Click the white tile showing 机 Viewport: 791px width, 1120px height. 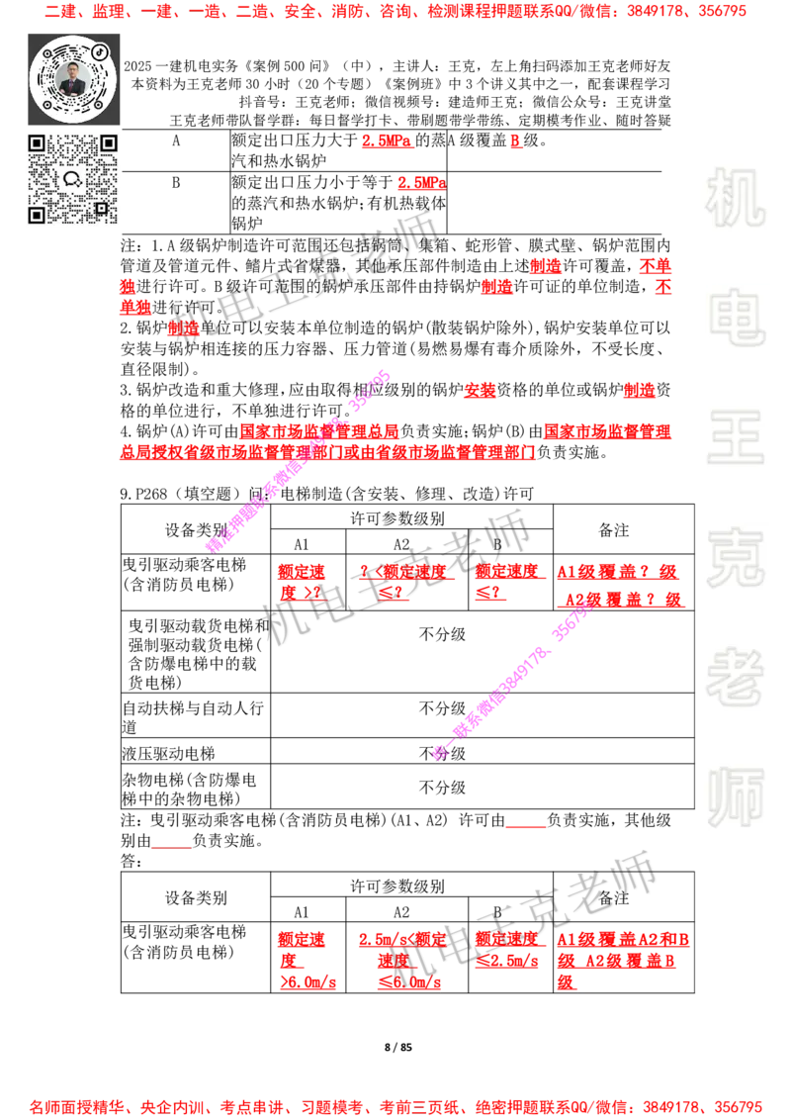point(735,198)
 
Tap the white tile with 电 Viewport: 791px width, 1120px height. point(739,317)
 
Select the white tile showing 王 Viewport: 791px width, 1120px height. point(735,438)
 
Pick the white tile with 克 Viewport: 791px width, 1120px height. point(735,557)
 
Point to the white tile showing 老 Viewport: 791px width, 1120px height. point(735,676)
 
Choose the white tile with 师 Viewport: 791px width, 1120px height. point(735,798)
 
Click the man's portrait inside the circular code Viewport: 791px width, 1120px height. point(73,79)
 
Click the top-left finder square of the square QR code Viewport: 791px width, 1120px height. point(38,144)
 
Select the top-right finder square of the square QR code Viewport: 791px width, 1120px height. point(109,144)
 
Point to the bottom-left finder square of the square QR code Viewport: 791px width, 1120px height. point(38,215)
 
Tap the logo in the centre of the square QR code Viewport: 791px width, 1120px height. point(72,179)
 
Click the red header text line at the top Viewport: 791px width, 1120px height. point(395,12)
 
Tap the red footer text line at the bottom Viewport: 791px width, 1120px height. point(395,1106)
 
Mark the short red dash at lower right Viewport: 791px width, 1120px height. point(525,827)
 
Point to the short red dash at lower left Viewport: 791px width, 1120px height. point(172,850)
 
